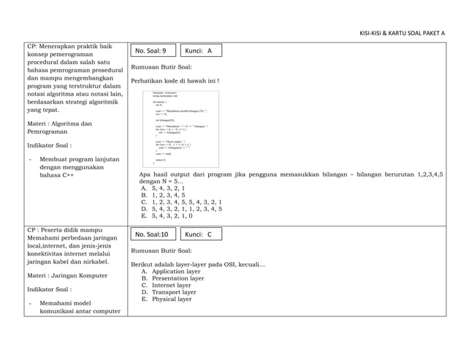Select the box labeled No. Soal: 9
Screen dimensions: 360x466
point(151,51)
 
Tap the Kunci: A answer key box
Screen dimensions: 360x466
point(199,51)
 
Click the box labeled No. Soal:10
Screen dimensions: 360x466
point(151,234)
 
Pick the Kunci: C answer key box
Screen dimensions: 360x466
point(199,234)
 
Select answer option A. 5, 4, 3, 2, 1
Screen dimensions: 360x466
point(167,188)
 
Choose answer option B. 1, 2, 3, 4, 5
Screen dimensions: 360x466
point(167,195)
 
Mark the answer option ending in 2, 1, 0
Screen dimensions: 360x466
point(169,215)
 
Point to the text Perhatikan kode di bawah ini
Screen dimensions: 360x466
point(175,80)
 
